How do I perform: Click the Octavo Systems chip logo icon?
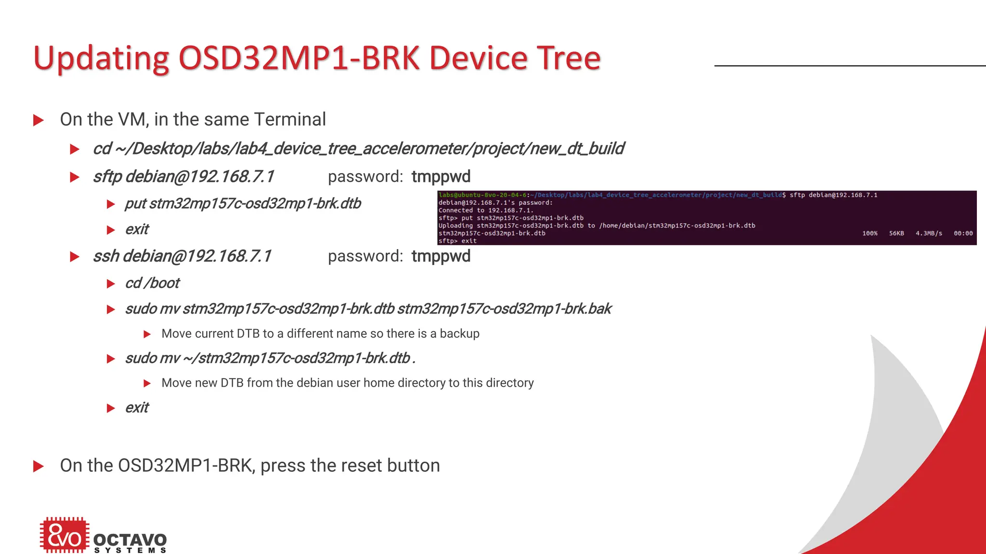point(65,535)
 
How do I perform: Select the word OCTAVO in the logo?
point(130,540)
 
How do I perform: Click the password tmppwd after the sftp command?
point(441,177)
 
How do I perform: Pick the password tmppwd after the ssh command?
point(441,256)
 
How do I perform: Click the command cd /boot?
point(152,283)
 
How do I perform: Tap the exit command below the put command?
point(137,229)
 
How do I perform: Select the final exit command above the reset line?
point(137,408)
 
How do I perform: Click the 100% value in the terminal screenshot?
point(869,233)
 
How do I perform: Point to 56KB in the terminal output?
point(896,233)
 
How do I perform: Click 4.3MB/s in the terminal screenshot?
point(929,233)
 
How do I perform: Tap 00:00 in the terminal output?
point(963,233)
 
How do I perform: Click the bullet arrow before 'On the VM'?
point(39,120)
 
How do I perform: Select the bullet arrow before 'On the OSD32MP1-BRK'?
point(39,466)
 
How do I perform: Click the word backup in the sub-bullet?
point(459,334)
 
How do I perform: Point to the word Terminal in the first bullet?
point(290,119)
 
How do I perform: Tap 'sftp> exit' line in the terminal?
point(457,241)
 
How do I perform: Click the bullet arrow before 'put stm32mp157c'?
point(111,204)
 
